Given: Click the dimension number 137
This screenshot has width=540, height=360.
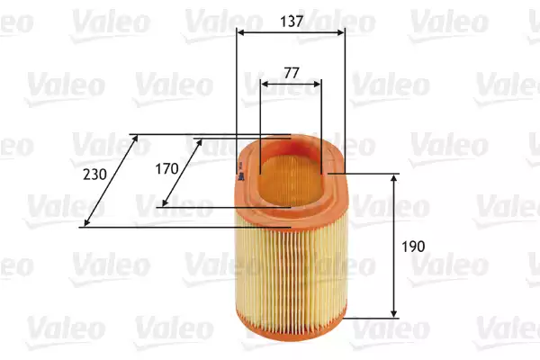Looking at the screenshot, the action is [x=292, y=22].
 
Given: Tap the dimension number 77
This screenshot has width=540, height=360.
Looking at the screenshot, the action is [x=292, y=73].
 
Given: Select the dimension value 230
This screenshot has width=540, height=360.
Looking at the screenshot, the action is [x=94, y=175].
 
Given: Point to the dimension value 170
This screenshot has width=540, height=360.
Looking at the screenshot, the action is [x=166, y=169].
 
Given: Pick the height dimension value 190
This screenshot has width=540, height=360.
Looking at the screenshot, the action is [x=413, y=247].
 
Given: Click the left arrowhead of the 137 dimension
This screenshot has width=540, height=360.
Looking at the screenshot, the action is [x=241, y=32].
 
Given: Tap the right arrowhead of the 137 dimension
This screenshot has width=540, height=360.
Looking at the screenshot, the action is [x=340, y=32].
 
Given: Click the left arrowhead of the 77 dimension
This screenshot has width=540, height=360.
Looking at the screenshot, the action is [x=265, y=84].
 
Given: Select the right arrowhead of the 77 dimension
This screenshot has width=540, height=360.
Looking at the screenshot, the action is [x=317, y=84].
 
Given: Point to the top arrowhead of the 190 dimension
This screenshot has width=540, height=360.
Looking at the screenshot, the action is [x=394, y=178].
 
